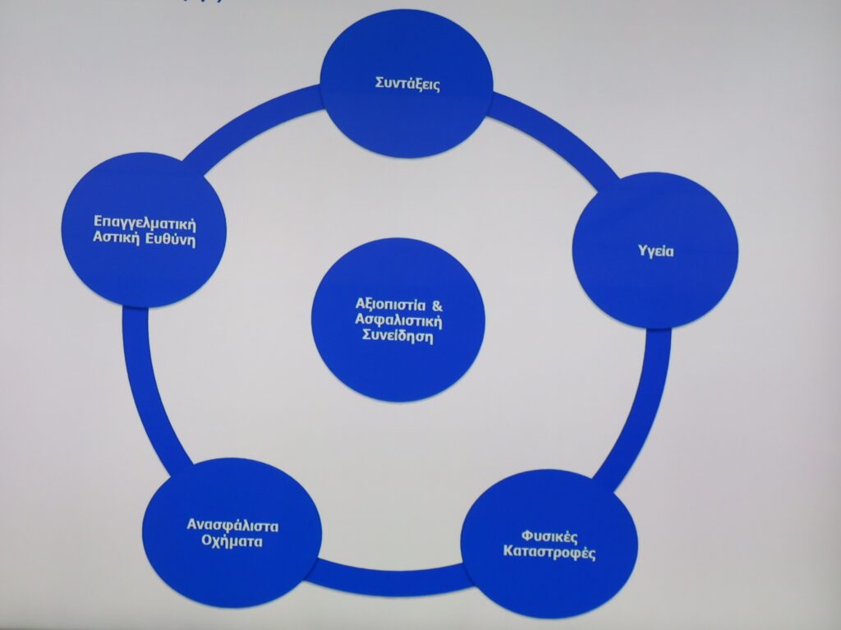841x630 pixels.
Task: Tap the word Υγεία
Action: click(656, 251)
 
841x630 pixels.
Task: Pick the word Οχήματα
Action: click(229, 543)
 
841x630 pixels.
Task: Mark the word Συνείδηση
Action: click(398, 335)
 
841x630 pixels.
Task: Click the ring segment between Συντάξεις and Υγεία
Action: click(558, 136)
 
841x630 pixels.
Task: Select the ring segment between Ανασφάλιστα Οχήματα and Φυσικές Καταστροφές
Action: click(386, 577)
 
